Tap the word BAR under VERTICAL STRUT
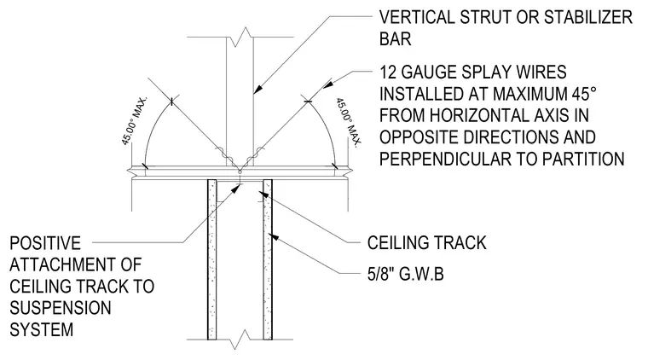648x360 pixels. [395, 39]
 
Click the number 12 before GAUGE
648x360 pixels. [388, 73]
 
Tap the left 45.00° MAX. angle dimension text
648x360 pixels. [134, 121]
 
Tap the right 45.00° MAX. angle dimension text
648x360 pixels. [349, 122]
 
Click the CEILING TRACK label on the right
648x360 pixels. [426, 242]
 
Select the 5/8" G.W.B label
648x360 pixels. [405, 274]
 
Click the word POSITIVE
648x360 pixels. [45, 243]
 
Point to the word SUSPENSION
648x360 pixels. [61, 308]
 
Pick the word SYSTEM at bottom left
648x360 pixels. [41, 330]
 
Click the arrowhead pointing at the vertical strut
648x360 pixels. [257, 89]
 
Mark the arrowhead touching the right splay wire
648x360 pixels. [327, 84]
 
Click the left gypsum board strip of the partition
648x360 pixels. [212, 259]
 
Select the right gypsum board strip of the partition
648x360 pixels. [268, 259]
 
